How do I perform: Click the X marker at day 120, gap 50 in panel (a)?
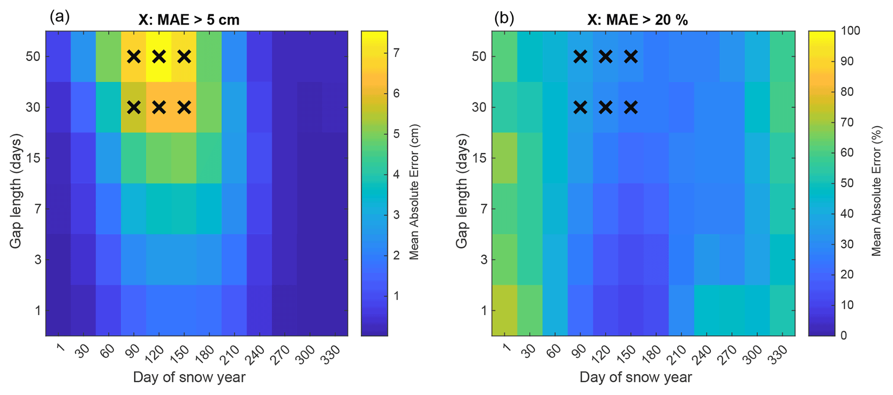(159, 57)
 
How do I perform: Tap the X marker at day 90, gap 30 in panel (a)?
(134, 107)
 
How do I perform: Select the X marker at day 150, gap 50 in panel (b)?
(631, 57)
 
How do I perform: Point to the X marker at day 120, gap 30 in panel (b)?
(606, 107)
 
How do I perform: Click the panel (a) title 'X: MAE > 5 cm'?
(189, 20)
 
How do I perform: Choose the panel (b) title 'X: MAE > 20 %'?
(637, 20)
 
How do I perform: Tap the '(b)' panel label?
(504, 18)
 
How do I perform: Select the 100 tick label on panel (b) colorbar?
(850, 31)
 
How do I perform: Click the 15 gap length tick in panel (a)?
(33, 158)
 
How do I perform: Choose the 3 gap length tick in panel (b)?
(483, 259)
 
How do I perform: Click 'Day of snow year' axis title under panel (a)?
(189, 377)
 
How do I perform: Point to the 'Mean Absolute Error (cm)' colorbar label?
(414, 192)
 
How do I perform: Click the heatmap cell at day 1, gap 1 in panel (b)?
(504, 310)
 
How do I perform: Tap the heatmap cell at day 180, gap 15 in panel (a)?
(209, 158)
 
